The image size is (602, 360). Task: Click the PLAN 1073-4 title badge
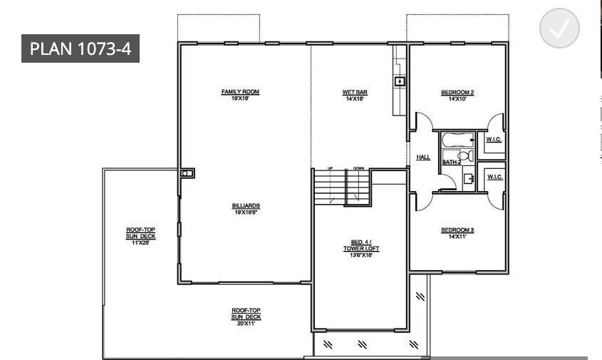(81, 48)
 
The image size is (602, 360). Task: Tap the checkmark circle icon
(559, 29)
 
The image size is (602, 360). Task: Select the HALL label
(423, 157)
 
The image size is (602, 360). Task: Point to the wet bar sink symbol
(400, 82)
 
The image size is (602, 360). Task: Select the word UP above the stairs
(330, 168)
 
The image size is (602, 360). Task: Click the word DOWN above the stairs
(358, 168)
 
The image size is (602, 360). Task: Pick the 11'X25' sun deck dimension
(140, 242)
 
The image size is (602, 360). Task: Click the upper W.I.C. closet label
(494, 140)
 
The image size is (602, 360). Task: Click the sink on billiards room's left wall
(185, 173)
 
